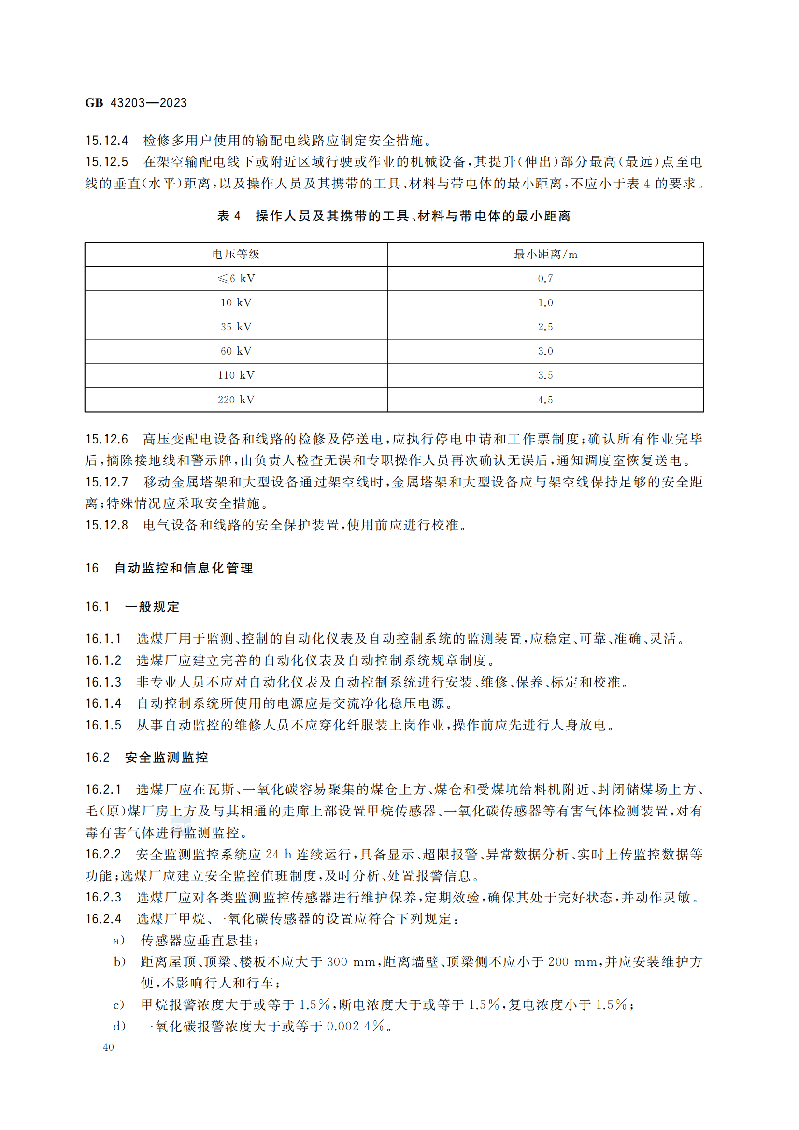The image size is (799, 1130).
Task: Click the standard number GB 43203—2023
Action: (136, 103)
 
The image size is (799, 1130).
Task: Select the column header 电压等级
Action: (236, 255)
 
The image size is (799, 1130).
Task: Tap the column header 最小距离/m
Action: (545, 255)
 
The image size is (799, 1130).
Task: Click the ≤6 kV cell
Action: (236, 279)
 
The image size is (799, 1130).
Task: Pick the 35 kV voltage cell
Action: (236, 327)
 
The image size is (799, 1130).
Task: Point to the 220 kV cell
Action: (236, 400)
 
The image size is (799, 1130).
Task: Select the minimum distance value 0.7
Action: (545, 279)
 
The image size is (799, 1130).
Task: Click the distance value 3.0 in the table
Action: (545, 351)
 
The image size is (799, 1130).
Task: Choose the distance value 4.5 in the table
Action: (545, 400)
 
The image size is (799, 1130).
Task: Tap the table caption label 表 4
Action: (229, 216)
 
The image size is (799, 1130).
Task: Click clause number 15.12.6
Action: (107, 439)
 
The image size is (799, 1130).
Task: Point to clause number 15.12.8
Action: (107, 525)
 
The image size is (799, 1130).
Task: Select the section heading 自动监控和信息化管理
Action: (184, 568)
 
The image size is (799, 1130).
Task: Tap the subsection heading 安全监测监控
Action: (166, 758)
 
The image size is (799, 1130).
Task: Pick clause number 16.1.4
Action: (103, 703)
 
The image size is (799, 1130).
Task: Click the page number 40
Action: (108, 1047)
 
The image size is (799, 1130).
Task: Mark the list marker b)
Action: (119, 961)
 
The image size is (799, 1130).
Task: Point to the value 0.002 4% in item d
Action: (356, 1026)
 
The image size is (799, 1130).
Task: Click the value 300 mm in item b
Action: (351, 961)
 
